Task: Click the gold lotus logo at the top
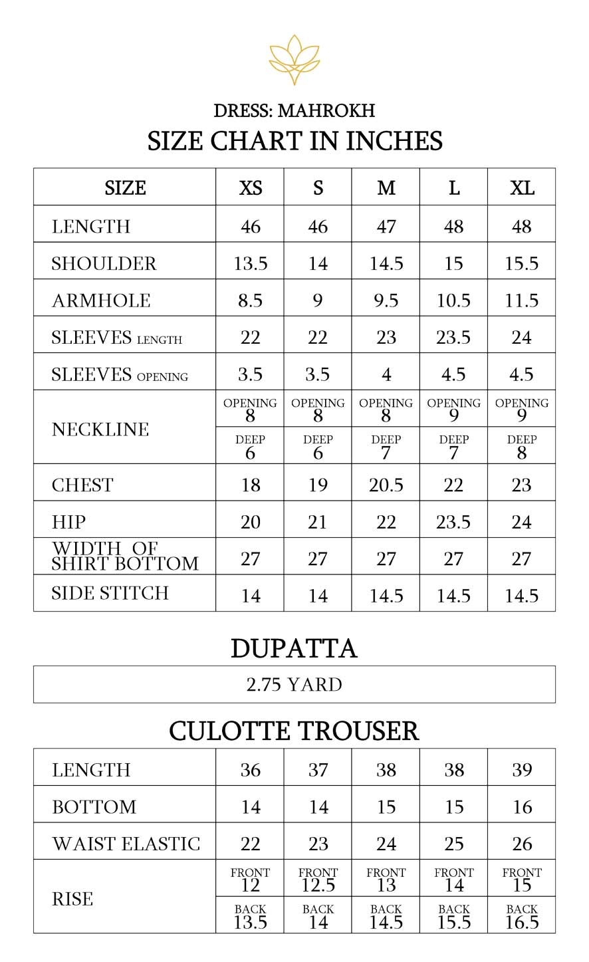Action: (294, 59)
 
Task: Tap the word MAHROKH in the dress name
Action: (326, 110)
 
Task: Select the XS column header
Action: (250, 188)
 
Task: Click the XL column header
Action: (522, 188)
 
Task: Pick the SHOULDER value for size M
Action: (386, 264)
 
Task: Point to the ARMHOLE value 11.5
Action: (522, 301)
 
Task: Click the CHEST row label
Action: (82, 485)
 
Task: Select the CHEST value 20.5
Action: (386, 485)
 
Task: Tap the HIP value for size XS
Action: (250, 523)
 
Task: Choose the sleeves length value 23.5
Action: (453, 338)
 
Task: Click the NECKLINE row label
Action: (100, 429)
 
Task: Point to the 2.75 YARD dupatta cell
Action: (294, 685)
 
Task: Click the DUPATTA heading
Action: (294, 649)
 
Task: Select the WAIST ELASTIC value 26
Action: (522, 844)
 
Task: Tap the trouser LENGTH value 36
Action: (250, 770)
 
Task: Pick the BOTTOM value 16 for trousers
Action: (522, 807)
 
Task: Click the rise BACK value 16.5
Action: (522, 922)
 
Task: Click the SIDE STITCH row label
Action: (110, 593)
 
